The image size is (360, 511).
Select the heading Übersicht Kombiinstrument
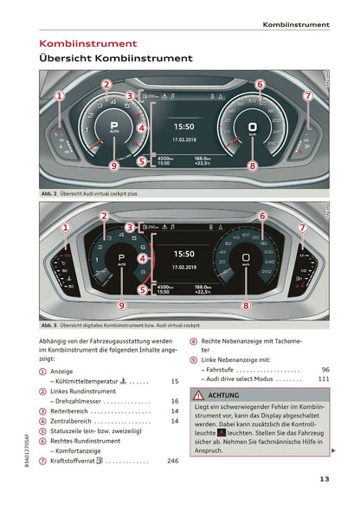[116, 59]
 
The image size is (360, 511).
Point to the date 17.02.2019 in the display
[183, 268]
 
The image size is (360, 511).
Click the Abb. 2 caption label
[48, 195]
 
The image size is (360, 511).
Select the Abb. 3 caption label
[48, 325]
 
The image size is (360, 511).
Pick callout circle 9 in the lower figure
[121, 305]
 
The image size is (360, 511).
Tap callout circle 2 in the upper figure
[106, 84]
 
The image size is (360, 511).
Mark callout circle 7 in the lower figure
[302, 228]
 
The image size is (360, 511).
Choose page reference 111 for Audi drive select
[323, 378]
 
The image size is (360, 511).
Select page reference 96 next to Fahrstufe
[325, 368]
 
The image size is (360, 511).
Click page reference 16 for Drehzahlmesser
[175, 401]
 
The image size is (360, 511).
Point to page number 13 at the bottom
[324, 479]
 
